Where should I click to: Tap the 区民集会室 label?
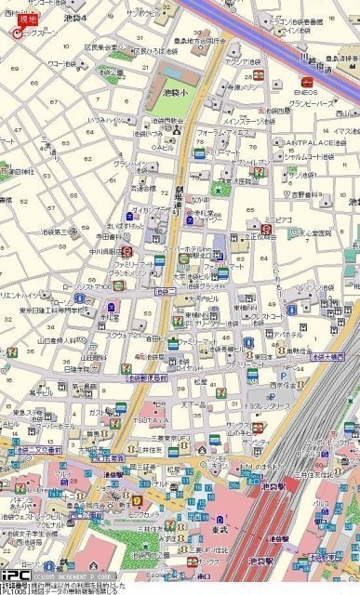[x=100, y=46]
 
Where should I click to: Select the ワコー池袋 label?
[x=62, y=64]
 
